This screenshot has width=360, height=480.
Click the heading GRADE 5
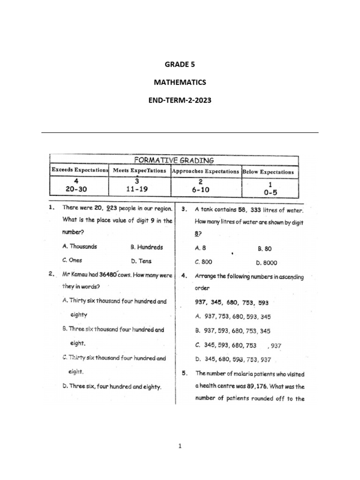click(180, 65)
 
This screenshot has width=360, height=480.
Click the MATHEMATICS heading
click(180, 82)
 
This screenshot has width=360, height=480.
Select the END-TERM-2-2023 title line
click(180, 100)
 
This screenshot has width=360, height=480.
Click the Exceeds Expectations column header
click(80, 171)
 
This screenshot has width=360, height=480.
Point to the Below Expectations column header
click(268, 172)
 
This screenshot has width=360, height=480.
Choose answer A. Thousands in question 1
click(80, 246)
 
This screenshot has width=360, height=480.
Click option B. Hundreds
click(147, 247)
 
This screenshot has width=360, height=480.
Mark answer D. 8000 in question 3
click(267, 263)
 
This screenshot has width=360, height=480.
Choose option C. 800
click(204, 262)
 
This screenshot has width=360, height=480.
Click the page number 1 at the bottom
click(180, 446)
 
